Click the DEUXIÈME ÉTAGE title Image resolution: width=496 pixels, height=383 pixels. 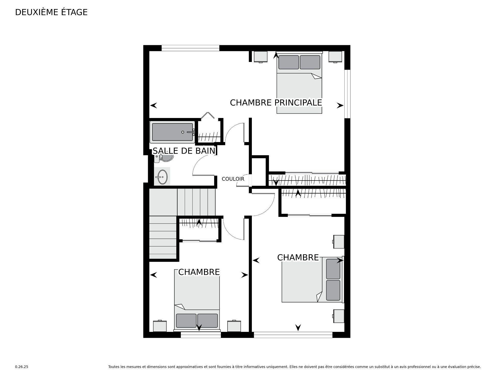click(x=51, y=12)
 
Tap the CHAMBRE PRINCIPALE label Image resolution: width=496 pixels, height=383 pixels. click(x=276, y=103)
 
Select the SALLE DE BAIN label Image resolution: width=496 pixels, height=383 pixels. click(x=184, y=151)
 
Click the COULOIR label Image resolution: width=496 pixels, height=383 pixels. click(x=233, y=179)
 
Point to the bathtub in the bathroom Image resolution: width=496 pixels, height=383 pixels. click(x=173, y=132)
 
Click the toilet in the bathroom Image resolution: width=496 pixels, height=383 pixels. click(x=163, y=158)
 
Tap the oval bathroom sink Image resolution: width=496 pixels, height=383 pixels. click(x=162, y=177)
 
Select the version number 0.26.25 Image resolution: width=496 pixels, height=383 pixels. click(x=21, y=367)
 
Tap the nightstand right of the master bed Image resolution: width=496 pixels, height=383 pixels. click(x=335, y=57)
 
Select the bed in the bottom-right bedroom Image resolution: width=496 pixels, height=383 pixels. click(x=313, y=279)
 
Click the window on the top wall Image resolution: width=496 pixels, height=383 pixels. click(x=190, y=48)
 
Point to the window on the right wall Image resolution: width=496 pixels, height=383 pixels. click(x=347, y=94)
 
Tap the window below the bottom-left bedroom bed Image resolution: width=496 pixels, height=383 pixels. click(x=201, y=335)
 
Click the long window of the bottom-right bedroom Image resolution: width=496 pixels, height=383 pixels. click(x=293, y=335)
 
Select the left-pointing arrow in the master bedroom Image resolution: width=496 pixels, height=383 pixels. click(x=153, y=105)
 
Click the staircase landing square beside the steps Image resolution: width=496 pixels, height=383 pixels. click(x=163, y=202)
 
